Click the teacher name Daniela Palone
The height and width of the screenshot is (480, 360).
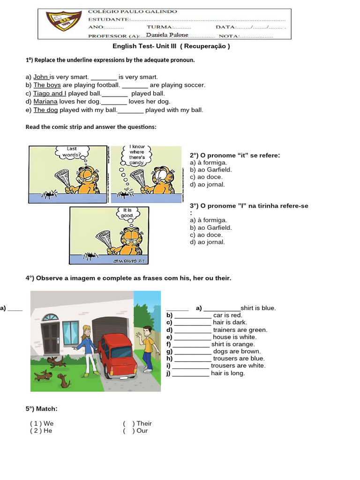click(167, 35)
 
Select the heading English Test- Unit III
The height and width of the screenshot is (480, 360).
click(171, 46)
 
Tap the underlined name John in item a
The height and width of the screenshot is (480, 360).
click(41, 77)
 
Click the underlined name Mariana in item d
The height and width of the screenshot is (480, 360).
click(45, 101)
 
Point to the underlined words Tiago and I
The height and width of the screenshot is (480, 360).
click(50, 93)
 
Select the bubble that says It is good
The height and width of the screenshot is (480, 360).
click(127, 213)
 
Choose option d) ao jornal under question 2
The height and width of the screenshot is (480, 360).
click(207, 184)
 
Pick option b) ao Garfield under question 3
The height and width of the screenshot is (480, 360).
click(210, 227)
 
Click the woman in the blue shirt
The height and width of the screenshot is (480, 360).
click(87, 349)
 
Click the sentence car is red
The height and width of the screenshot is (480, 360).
click(227, 315)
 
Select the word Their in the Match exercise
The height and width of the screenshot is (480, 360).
click(144, 423)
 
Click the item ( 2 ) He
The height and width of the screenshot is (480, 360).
click(41, 430)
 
